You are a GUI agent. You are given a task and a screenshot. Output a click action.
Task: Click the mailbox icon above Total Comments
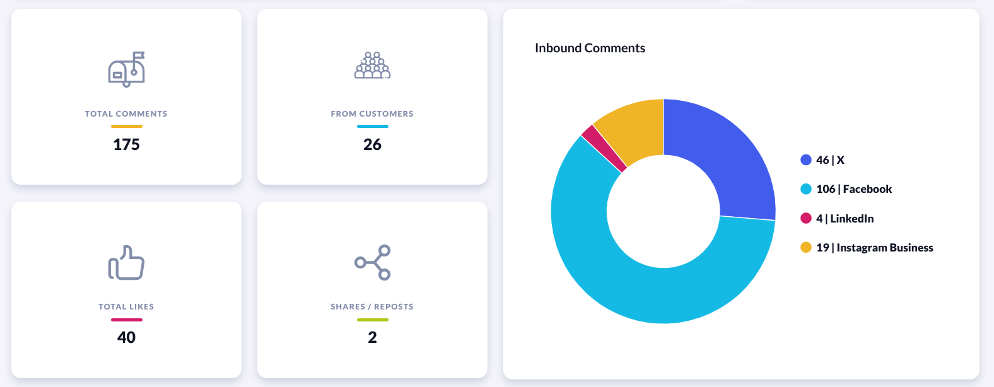coord(126,69)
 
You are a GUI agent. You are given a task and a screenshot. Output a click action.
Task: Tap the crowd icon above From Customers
coord(372,66)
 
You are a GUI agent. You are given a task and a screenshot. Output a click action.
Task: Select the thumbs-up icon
coord(126,262)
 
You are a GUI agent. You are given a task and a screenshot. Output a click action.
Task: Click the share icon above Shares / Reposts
coord(372,262)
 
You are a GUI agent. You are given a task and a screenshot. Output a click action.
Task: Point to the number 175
coord(126,144)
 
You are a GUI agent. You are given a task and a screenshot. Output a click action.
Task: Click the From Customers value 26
coord(372,144)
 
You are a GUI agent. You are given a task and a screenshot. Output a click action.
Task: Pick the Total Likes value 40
coord(126,337)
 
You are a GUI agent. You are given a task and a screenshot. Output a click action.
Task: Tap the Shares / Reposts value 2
coord(372,337)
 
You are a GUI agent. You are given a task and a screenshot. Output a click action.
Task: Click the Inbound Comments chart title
coord(590,48)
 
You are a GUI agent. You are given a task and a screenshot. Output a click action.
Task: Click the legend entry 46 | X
coord(829,160)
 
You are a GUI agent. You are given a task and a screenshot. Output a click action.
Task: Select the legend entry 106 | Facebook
coord(853,189)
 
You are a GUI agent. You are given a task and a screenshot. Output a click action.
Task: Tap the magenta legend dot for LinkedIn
coord(806,218)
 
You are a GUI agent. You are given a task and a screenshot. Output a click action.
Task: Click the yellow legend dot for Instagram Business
coord(806,247)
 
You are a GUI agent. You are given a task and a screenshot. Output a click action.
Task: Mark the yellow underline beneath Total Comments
coord(126,126)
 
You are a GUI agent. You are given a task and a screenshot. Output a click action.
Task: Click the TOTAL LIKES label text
coord(126,307)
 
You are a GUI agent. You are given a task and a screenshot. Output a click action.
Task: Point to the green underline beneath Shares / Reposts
coord(372,320)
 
